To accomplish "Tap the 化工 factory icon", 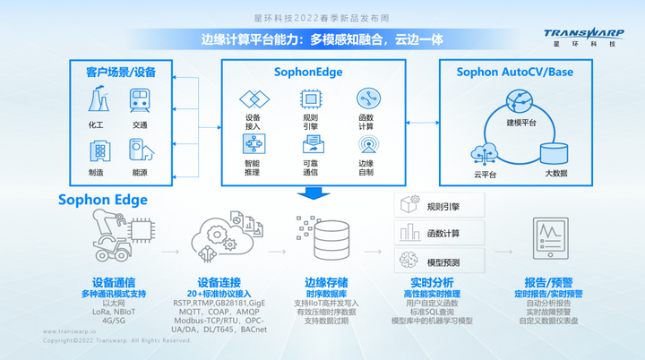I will click(96, 100).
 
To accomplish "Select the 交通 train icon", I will click(140, 100).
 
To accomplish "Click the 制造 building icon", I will click(96, 150).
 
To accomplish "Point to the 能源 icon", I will click(140, 150).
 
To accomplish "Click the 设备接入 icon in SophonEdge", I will click(253, 99).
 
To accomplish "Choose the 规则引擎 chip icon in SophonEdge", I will click(310, 99).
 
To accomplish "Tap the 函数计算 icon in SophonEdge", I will click(366, 99).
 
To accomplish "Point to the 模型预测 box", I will click(441, 262).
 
